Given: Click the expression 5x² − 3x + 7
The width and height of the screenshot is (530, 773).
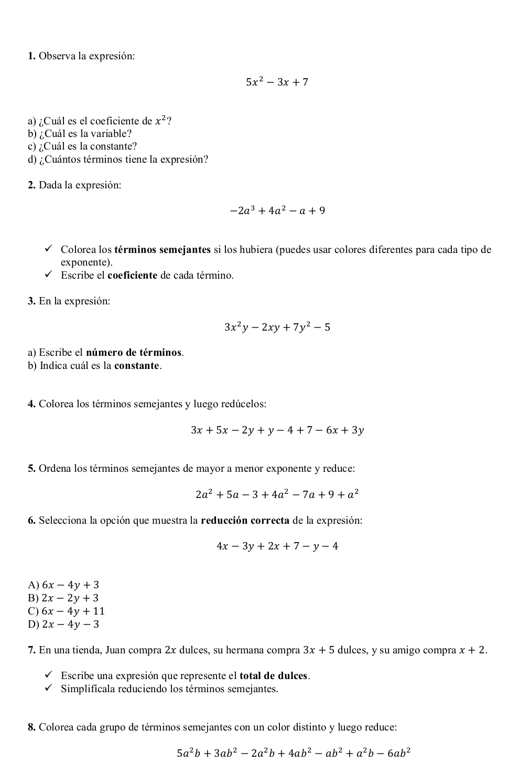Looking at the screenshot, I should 277,82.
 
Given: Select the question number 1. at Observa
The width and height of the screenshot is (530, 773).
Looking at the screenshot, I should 32,56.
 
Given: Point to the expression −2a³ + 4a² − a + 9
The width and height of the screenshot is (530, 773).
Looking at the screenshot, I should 277,211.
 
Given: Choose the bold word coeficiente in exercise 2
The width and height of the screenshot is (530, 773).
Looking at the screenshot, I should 132,275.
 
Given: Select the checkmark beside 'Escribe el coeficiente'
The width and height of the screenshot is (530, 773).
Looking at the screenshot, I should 49,274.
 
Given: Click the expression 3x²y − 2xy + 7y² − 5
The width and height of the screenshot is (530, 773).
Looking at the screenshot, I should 277,327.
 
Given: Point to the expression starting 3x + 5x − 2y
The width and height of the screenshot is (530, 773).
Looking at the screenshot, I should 277,430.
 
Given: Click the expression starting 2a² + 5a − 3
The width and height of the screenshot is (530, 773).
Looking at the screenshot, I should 277,494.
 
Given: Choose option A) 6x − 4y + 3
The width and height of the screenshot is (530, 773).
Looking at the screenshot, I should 64,585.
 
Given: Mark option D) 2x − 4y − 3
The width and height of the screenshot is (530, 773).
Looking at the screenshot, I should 64,624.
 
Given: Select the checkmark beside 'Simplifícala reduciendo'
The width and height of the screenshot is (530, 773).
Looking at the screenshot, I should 49,688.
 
